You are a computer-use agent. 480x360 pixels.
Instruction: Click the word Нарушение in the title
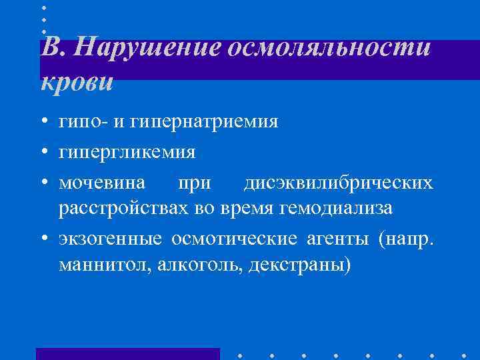coord(148,49)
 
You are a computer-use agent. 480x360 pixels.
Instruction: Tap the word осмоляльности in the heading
coord(330,49)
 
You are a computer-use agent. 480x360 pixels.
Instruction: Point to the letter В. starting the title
coord(54,49)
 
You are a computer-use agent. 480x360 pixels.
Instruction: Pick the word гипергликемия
coord(127,153)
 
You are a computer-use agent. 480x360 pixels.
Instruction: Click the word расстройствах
coord(125,209)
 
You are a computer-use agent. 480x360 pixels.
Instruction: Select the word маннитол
coord(106,265)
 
